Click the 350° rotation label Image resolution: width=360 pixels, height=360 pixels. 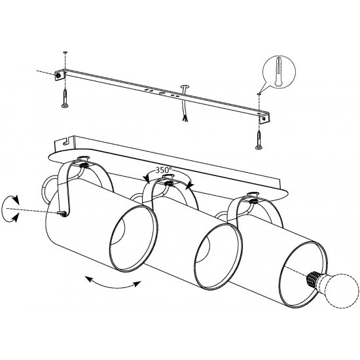coord(164,170)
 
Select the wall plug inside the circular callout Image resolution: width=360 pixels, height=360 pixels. coord(278,71)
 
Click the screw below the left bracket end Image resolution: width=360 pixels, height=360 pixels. coord(65,98)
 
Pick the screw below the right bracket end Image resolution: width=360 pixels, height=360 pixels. coord(259,139)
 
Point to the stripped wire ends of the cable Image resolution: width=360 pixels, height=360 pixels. coord(184,118)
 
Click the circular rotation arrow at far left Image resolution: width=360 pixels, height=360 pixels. coord(10,209)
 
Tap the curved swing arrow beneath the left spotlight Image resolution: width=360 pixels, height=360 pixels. coord(113,283)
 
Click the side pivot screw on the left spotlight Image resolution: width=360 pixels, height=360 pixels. coord(62,213)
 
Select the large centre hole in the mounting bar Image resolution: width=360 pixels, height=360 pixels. coord(161,94)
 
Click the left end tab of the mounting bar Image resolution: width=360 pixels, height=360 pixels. coord(60,75)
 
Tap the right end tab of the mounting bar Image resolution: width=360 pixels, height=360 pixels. coord(264,118)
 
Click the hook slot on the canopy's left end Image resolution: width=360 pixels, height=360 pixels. coord(66,141)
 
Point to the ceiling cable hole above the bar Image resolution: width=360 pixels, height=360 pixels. coord(185,86)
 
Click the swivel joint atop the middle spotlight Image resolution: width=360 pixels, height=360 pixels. coord(169,180)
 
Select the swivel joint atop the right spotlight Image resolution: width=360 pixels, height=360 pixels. coord(253,198)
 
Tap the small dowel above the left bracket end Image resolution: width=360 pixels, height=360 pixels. coord(65,53)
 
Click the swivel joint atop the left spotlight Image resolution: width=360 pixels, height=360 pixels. coord(84,162)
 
